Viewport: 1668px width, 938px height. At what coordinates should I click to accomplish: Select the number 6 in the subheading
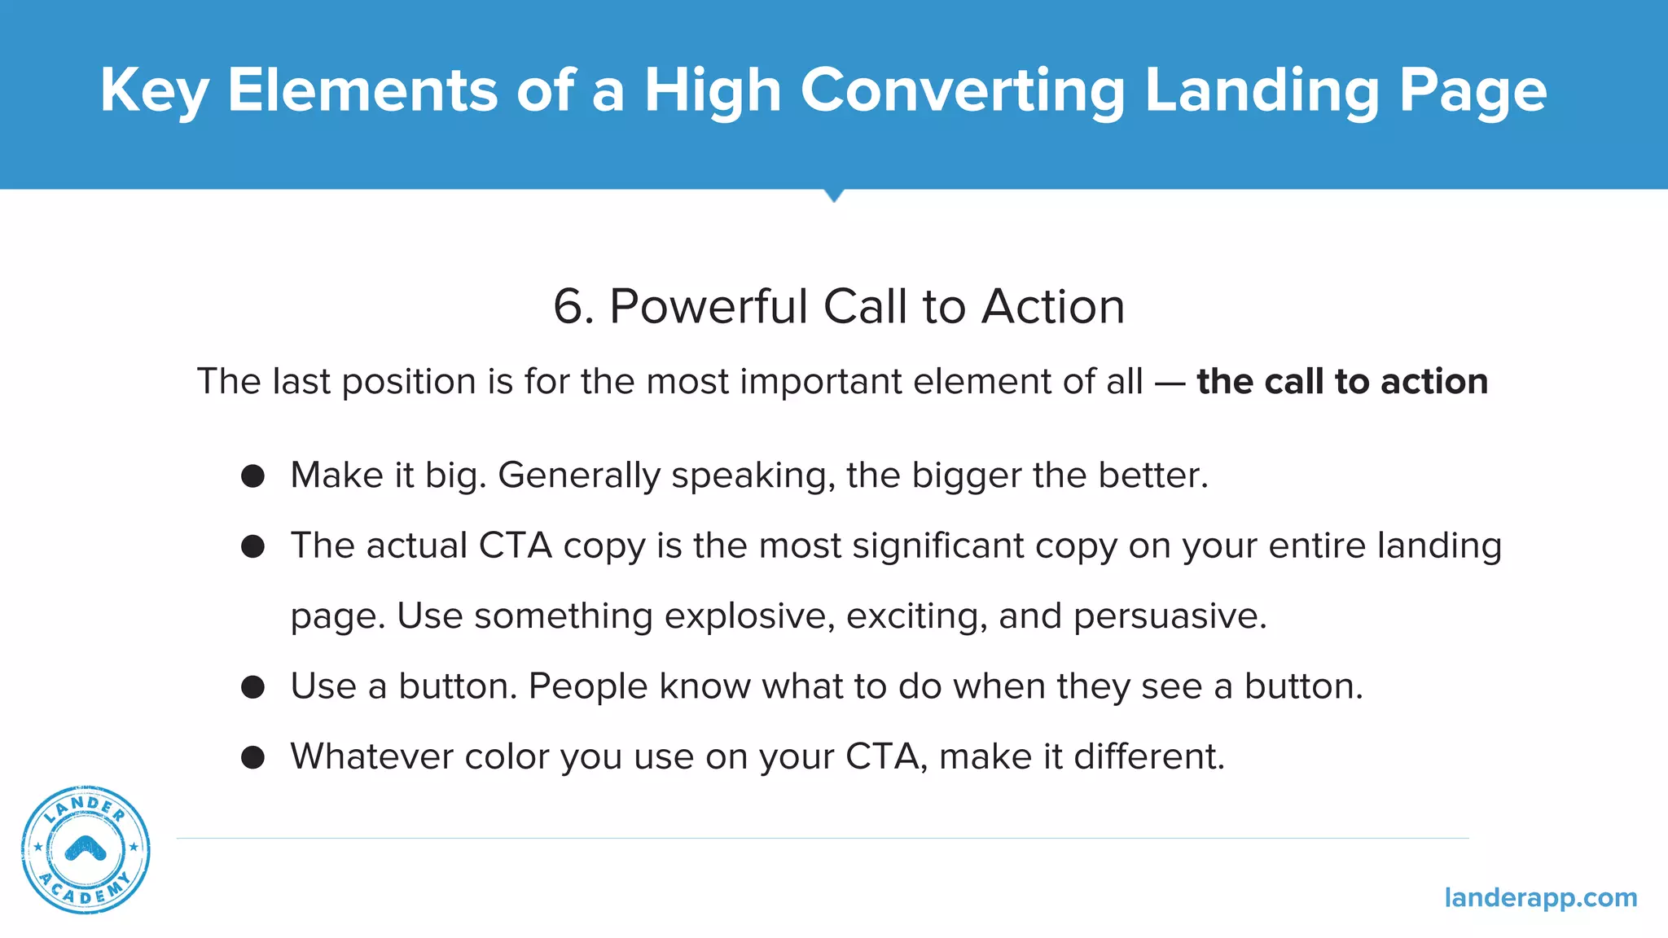point(568,308)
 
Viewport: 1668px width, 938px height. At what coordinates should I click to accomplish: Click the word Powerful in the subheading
point(708,307)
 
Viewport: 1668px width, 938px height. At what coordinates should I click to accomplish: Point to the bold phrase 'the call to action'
point(1341,382)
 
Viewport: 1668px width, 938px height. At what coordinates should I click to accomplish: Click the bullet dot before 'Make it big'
point(253,476)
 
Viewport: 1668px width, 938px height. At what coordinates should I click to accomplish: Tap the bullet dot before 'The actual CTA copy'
point(253,546)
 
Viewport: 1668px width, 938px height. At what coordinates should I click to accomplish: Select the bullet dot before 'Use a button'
point(253,687)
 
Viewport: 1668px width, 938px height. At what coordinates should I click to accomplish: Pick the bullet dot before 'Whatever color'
point(253,757)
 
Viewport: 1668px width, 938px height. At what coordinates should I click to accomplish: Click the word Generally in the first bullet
point(578,476)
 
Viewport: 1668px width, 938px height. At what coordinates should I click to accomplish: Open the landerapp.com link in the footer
point(1540,897)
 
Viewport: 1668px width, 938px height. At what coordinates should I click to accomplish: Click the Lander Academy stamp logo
point(86,849)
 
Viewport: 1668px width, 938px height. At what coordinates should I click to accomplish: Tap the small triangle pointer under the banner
point(833,195)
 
